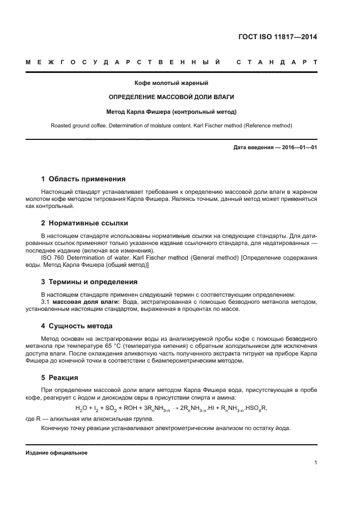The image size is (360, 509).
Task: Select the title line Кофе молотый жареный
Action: coord(172,83)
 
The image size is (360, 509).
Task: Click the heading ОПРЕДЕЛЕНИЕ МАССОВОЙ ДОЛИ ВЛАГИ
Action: coord(172,97)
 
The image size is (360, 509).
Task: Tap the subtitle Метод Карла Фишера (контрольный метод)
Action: coord(172,112)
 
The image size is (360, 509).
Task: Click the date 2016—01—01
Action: coord(296,147)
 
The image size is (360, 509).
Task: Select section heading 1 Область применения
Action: coord(83,179)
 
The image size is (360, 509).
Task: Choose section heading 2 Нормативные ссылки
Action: coord(85,223)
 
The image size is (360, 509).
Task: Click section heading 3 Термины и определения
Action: coord(89,281)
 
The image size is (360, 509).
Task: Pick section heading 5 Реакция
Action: coord(60,377)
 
